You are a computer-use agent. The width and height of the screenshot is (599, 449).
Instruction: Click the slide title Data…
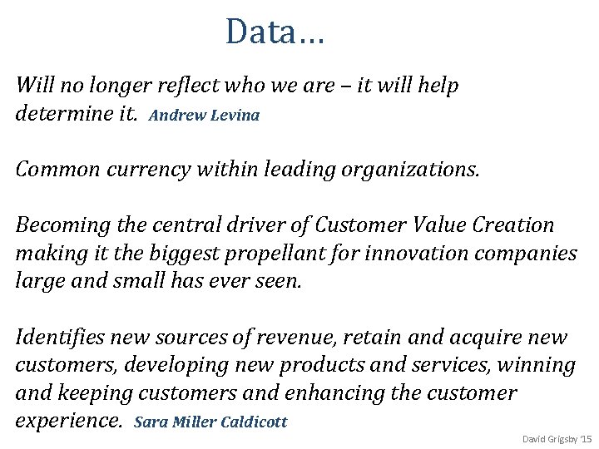coord(275,32)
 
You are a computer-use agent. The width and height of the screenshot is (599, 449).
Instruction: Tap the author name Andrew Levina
coord(205,116)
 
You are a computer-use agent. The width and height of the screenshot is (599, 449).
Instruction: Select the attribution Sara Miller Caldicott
coord(210,422)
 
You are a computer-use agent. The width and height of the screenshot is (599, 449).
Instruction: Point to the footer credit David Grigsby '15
coord(556,438)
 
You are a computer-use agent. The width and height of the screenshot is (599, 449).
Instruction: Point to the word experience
coord(67,421)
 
